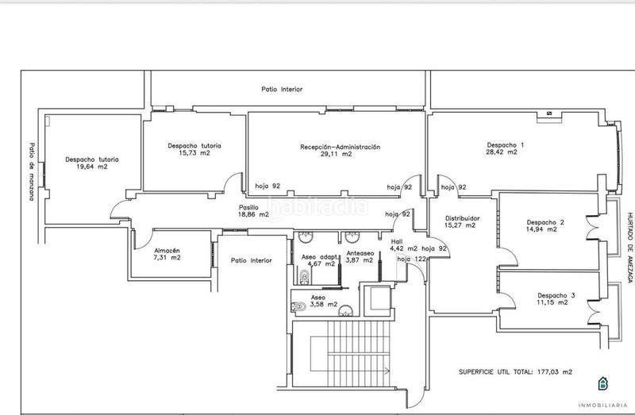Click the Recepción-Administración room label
[x=341, y=147]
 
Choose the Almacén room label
[x=167, y=251]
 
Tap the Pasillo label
[x=248, y=208]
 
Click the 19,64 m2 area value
[x=92, y=167]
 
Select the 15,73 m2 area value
[x=194, y=152]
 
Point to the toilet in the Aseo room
[x=298, y=306]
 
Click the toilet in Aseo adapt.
[x=304, y=278]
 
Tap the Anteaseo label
[x=360, y=253]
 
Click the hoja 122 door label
[x=411, y=259]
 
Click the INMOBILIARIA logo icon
[x=603, y=383]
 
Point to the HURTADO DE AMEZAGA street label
[x=630, y=248]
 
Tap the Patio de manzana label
[x=32, y=171]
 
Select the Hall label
[x=397, y=242]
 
